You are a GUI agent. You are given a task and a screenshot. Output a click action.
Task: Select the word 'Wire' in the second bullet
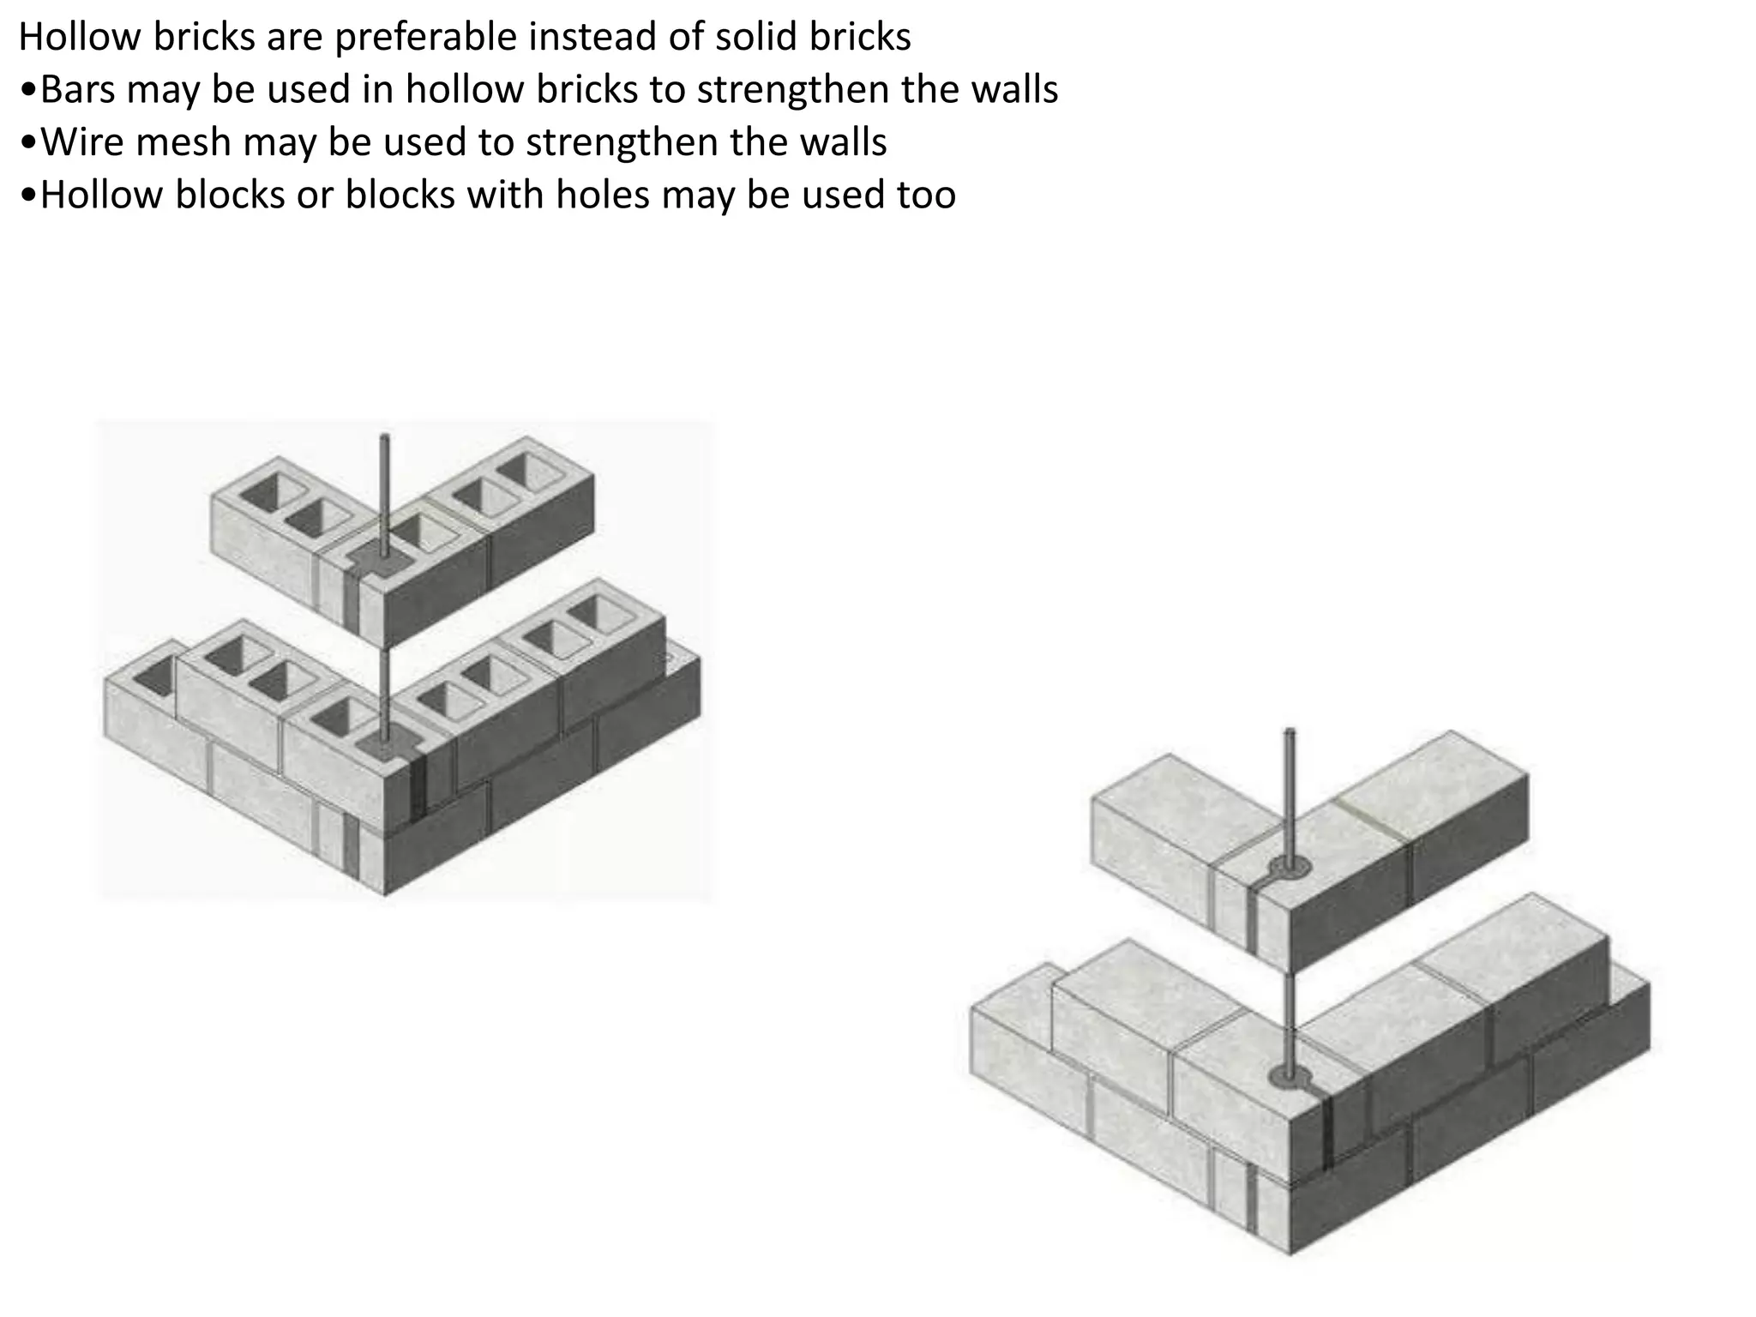82,141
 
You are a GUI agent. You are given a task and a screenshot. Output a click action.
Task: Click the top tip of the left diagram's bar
385,437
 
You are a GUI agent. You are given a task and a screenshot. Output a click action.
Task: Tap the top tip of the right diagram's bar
1289,731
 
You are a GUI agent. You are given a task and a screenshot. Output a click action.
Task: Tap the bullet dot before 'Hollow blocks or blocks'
28,196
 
